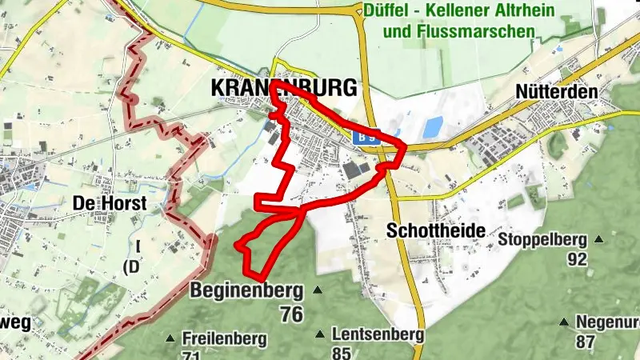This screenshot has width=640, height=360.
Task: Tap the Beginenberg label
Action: [x=247, y=290]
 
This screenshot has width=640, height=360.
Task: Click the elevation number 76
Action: [x=292, y=314]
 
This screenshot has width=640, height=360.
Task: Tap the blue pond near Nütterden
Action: [x=433, y=126]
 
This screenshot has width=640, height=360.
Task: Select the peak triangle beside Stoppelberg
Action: [x=598, y=239]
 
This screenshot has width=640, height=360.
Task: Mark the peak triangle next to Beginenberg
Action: [x=318, y=290]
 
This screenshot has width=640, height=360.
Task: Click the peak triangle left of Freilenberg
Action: [x=170, y=338]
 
